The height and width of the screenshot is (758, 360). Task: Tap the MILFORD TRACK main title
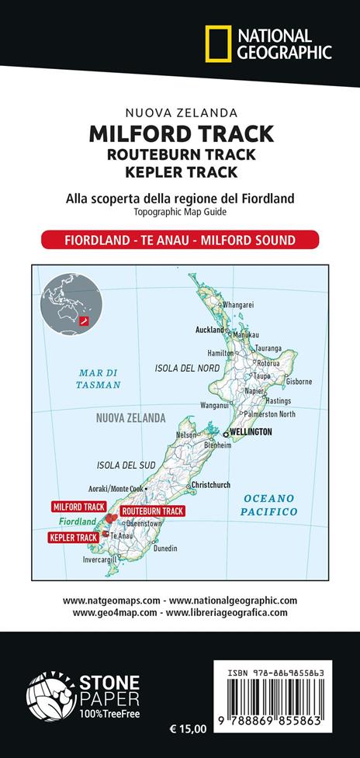pos(181,134)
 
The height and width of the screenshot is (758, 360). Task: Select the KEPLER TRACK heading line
pos(181,171)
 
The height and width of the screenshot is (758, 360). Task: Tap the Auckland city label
pos(209,329)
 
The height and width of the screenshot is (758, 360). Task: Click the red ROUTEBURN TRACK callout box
pos(153,511)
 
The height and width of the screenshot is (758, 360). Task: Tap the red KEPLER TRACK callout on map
pos(74,537)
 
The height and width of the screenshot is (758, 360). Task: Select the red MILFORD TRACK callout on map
pos(78,506)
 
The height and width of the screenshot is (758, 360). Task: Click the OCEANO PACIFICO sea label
pos(266,504)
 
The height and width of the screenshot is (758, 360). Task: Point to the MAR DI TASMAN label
pos(99,378)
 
